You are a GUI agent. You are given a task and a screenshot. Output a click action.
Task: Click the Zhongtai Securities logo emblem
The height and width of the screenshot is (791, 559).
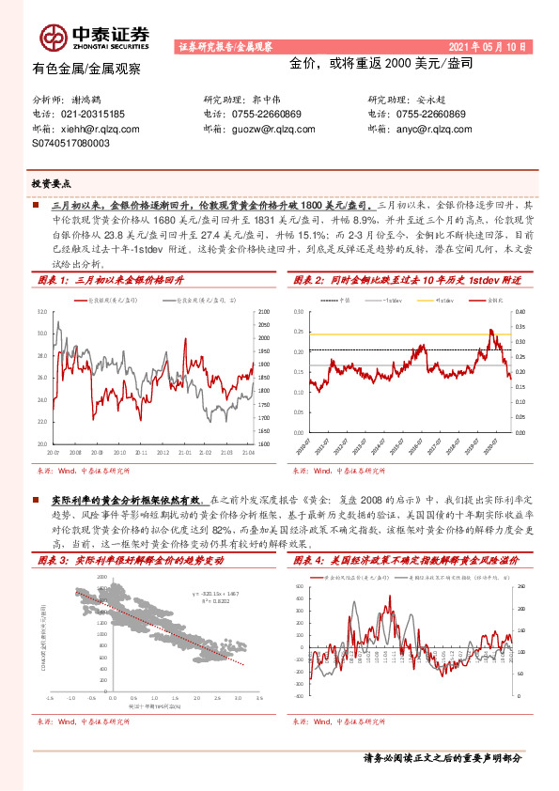point(53,37)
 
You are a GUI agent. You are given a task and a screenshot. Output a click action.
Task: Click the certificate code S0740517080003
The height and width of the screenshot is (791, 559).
point(71,144)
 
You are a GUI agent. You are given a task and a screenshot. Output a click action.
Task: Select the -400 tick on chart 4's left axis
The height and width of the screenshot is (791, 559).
point(301,696)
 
